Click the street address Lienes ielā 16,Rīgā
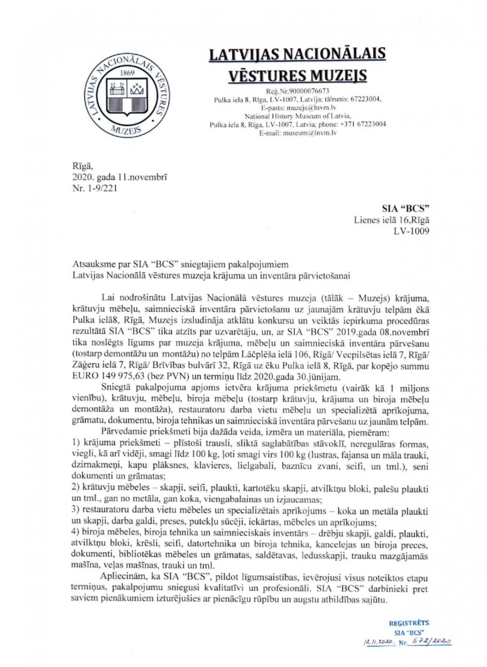(x=391, y=220)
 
